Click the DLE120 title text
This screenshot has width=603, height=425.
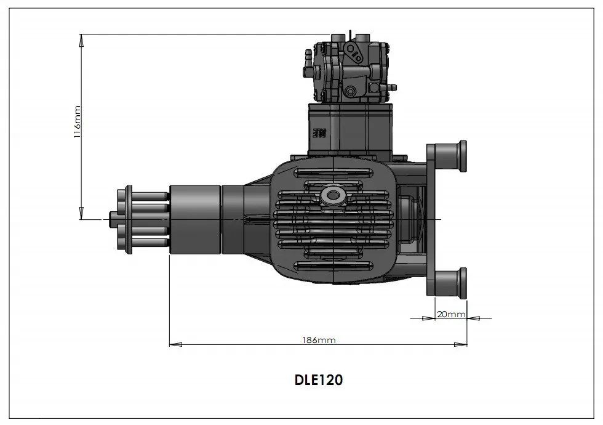(318, 380)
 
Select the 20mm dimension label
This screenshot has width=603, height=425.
(450, 314)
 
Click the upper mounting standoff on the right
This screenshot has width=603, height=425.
(448, 157)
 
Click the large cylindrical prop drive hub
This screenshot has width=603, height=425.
(194, 219)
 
